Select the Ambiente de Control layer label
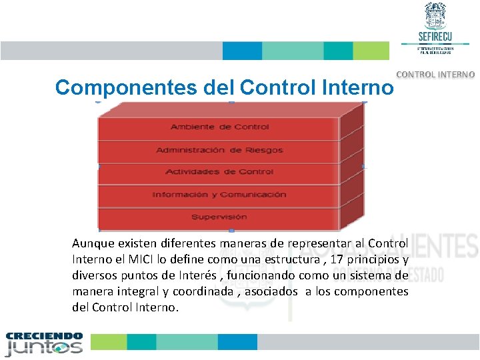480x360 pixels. click(219, 127)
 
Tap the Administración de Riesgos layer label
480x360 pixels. click(219, 150)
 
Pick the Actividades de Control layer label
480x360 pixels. click(219, 172)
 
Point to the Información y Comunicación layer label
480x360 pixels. click(219, 195)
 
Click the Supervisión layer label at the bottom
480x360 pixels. click(219, 217)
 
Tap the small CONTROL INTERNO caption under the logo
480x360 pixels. click(436, 75)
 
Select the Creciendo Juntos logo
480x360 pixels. click(44, 344)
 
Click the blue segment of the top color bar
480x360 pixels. click(242, 51)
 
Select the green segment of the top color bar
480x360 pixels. click(371, 51)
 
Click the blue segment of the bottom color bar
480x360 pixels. click(237, 342)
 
